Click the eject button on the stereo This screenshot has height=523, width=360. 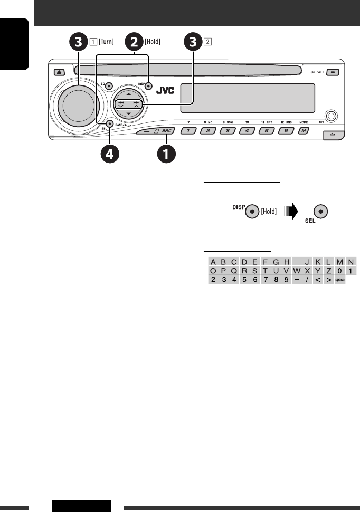pos(56,72)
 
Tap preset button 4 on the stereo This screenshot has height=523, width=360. pos(247,130)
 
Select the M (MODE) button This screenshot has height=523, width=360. pos(304,130)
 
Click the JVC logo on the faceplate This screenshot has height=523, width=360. pos(164,89)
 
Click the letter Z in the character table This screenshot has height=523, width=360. pos(328,271)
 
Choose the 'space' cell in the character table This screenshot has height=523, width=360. pos(340,280)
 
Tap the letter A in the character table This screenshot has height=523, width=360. pos(213,261)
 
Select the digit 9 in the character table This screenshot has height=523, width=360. pos(286,280)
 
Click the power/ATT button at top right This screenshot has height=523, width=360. pos(334,72)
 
